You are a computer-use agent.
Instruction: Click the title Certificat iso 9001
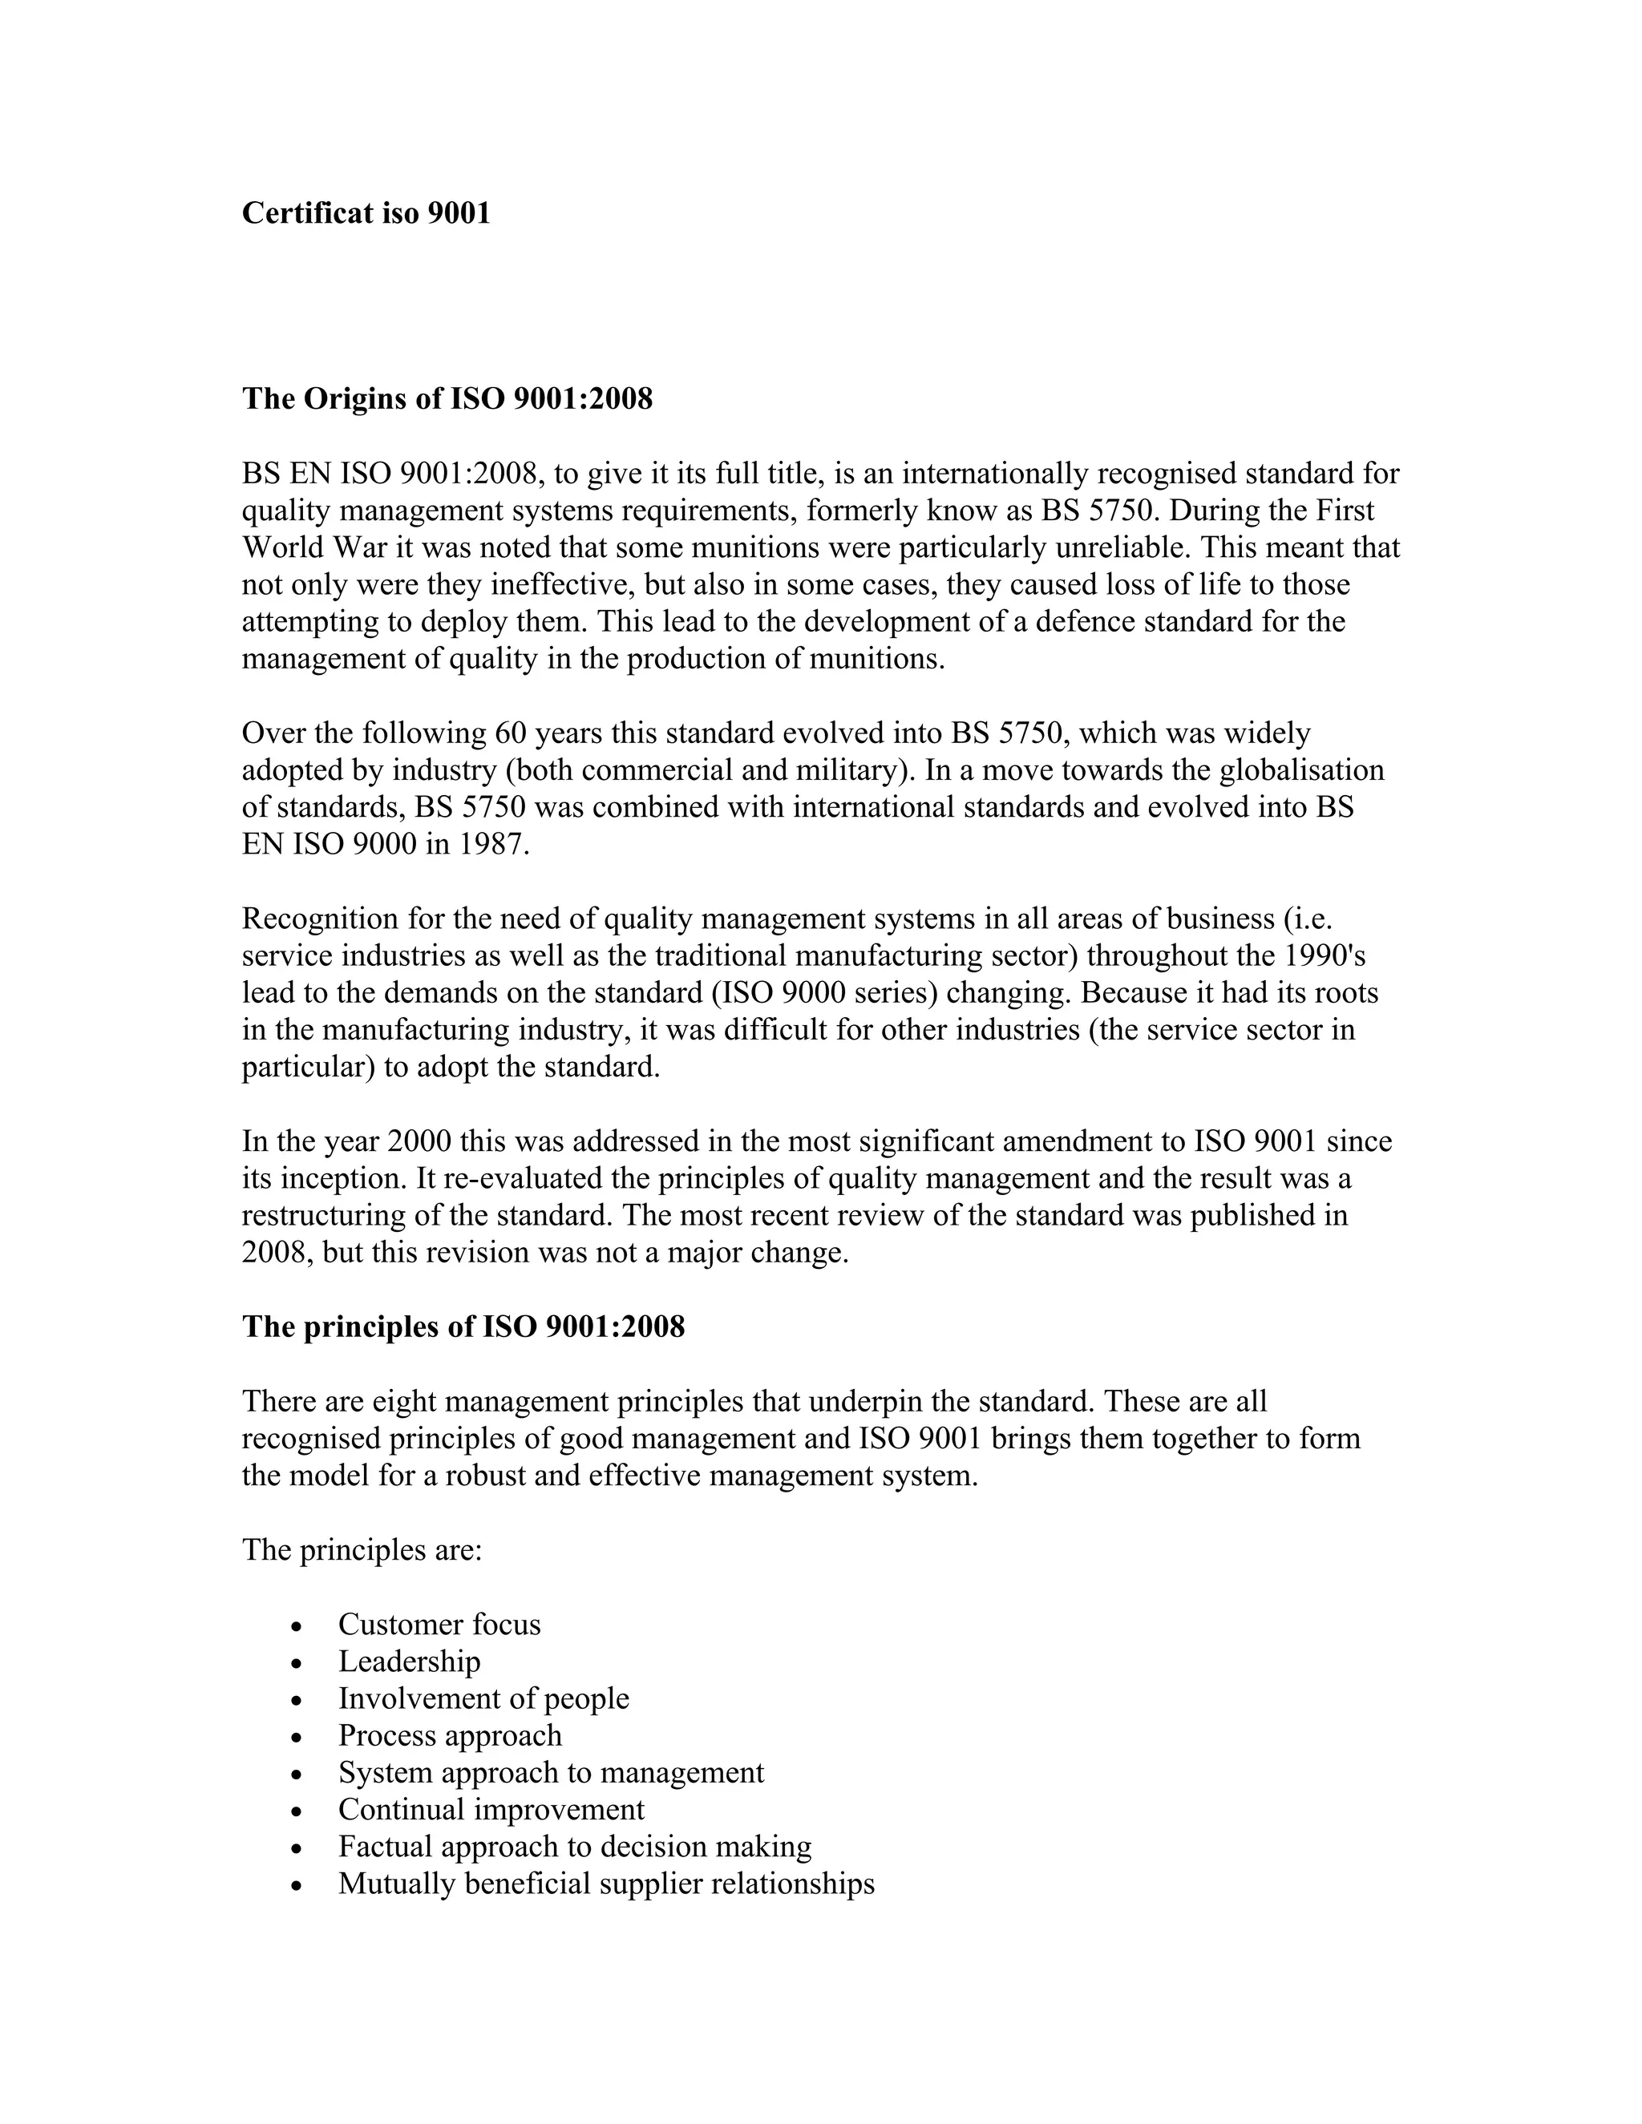[366, 213]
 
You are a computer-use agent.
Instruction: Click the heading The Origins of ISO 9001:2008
[447, 398]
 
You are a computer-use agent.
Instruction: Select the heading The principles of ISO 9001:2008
[463, 1326]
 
